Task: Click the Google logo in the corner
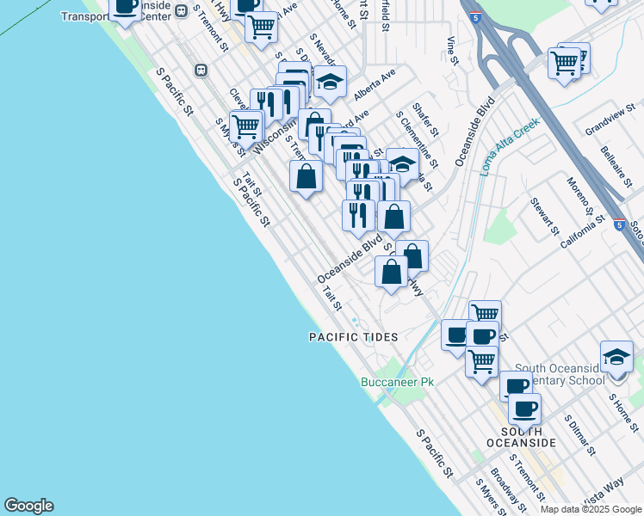[x=28, y=506]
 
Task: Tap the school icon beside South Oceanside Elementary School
[x=617, y=357]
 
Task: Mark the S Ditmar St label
[x=579, y=435]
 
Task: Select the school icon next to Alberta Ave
[x=330, y=82]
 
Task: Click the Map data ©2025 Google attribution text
[x=591, y=509]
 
